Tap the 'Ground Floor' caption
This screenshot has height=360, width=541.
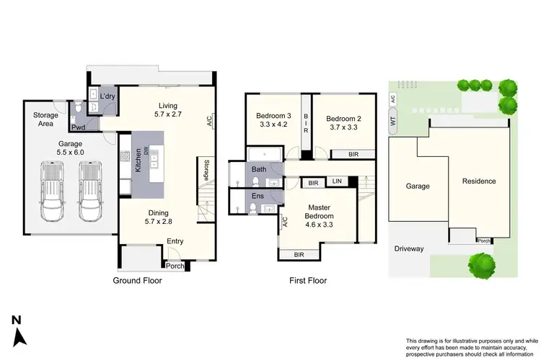(137, 281)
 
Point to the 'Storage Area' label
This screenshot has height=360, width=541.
(45, 120)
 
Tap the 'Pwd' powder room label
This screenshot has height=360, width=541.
(77, 128)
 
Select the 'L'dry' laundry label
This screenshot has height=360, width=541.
(107, 96)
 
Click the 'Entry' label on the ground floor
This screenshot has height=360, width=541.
(175, 242)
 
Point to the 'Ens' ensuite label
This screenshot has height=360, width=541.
(258, 196)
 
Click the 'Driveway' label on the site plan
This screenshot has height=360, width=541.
(409, 249)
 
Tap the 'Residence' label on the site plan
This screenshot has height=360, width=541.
(479, 181)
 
